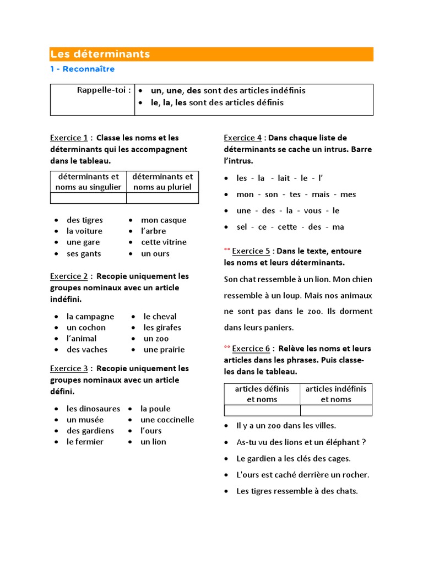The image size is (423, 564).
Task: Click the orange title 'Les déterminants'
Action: click(100, 54)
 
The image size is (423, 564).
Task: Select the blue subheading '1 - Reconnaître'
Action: click(83, 69)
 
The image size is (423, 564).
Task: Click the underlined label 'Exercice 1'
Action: click(69, 138)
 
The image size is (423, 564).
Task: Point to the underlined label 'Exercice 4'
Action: click(243, 138)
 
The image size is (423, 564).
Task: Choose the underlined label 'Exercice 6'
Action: click(251, 349)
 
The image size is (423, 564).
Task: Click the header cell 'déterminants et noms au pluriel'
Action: click(162, 182)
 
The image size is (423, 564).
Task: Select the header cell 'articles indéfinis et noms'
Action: click(336, 394)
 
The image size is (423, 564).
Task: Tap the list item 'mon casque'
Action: click(164, 220)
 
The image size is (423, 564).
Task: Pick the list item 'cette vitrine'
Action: click(164, 242)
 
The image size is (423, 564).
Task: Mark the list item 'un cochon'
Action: click(86, 327)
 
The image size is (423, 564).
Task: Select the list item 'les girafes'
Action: click(162, 327)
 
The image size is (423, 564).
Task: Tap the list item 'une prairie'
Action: click(164, 349)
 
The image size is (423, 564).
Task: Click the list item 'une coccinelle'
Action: click(167, 420)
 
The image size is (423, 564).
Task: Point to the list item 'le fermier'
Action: click(85, 442)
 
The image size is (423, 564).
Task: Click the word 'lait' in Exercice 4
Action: click(284, 178)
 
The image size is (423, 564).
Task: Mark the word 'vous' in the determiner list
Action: click(312, 210)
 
